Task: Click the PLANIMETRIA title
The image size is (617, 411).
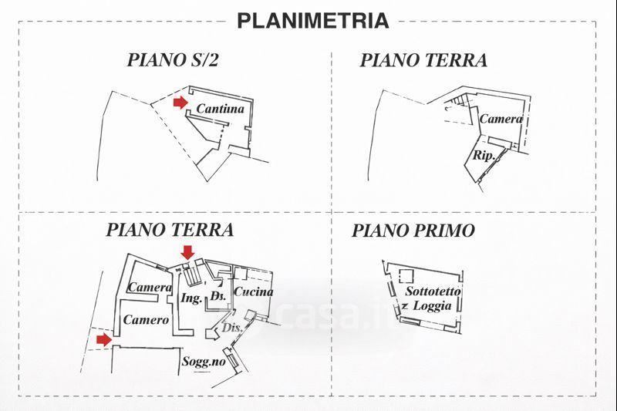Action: coord(312,21)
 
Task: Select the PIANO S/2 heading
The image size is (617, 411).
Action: coord(173,61)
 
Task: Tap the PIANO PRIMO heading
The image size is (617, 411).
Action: coord(413,231)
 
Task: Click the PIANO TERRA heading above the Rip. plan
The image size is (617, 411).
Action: coord(423,61)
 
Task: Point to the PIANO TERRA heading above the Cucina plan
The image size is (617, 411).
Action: coord(170,230)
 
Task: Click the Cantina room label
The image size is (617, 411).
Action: coord(220,109)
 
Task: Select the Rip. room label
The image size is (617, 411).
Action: coord(483,155)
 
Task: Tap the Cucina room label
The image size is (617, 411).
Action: coord(253,291)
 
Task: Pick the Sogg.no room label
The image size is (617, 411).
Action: coord(204,361)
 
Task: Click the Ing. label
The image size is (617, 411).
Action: coord(190,298)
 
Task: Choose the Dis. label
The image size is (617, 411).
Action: coord(232,327)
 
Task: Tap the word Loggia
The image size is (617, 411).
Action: coord(432,305)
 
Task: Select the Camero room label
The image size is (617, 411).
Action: coord(146,319)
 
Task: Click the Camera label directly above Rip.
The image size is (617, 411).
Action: coord(501,119)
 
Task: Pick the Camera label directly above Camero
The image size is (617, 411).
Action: coord(149,288)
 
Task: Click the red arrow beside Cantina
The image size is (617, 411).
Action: coord(180,103)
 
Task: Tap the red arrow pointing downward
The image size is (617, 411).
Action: coord(187,251)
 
